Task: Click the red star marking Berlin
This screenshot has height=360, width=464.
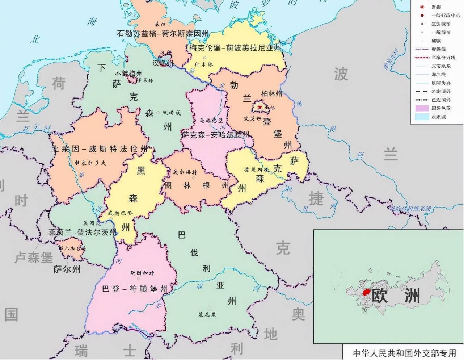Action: tap(260, 107)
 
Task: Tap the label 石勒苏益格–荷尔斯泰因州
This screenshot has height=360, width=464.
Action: tap(163, 33)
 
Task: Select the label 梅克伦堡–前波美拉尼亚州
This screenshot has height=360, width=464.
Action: tap(235, 48)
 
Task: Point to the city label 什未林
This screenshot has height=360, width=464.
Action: tap(204, 64)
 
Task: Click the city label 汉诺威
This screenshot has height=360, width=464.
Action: tap(171, 113)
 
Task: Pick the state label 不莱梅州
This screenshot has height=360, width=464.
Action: tap(128, 74)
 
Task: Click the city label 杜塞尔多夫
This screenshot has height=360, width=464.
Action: tap(90, 163)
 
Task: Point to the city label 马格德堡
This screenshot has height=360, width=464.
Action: tap(211, 120)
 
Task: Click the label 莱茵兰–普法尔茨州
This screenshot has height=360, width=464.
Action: tap(83, 232)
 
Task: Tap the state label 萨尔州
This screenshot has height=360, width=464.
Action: tap(67, 269)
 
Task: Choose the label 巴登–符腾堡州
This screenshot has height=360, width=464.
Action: tap(135, 289)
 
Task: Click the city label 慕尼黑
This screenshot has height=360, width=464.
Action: tap(207, 314)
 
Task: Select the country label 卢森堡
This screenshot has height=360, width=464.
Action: tap(34, 258)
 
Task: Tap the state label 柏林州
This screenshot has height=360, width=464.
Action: tap(271, 93)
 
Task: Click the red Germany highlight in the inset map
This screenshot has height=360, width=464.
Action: tap(366, 292)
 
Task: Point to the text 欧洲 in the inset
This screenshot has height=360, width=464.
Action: tap(396, 296)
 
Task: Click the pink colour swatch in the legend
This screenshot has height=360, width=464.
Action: tap(422, 108)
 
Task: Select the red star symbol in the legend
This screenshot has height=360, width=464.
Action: tap(422, 7)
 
